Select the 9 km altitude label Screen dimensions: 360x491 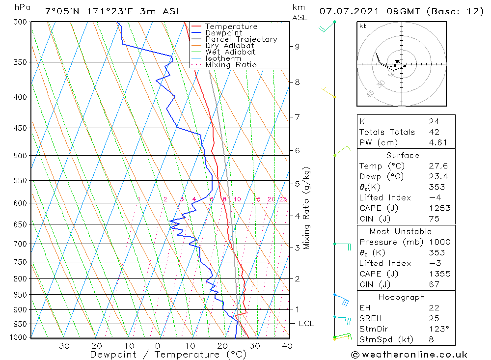click(297, 47)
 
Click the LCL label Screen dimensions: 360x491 click(306, 324)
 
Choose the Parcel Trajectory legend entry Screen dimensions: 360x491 click(241, 39)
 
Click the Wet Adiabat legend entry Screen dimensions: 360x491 click(230, 52)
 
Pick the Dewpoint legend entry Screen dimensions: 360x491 click(223, 33)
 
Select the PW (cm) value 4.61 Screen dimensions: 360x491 click(437, 142)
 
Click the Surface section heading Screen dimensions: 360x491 click(403, 156)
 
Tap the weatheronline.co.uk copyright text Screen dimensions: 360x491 click(409, 355)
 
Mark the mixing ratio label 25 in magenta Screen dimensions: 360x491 click(283, 199)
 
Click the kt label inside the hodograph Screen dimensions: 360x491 click(362, 26)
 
